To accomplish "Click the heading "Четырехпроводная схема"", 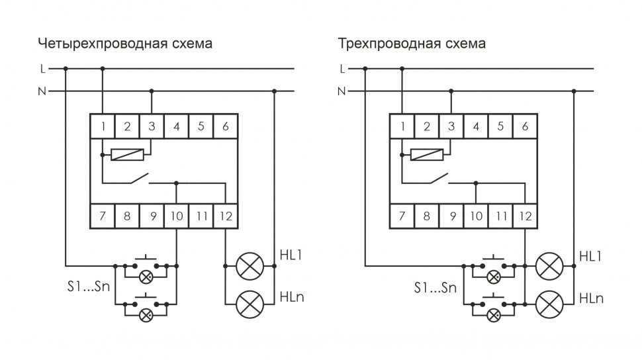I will (x=125, y=44).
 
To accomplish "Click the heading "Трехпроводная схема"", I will (x=412, y=44).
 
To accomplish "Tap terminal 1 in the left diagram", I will (x=103, y=126).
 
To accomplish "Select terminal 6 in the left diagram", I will (x=225, y=126).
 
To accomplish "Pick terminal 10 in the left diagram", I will (x=176, y=216).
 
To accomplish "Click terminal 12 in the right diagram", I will (x=525, y=216).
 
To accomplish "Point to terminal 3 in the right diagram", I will (x=451, y=126).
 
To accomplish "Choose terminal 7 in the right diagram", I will (x=402, y=216).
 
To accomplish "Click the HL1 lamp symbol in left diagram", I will (x=250, y=267).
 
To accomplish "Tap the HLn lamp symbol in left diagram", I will (x=250, y=303).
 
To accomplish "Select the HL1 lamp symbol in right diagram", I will (x=549, y=267).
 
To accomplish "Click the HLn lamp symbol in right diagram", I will (x=549, y=303).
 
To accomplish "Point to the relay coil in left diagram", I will (x=126, y=156).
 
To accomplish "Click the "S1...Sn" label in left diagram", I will (x=88, y=287).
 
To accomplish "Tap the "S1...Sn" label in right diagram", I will (x=435, y=288).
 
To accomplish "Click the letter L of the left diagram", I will (x=43, y=68).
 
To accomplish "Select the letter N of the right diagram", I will (x=342, y=91).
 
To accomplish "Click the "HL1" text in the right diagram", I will (x=591, y=255).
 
